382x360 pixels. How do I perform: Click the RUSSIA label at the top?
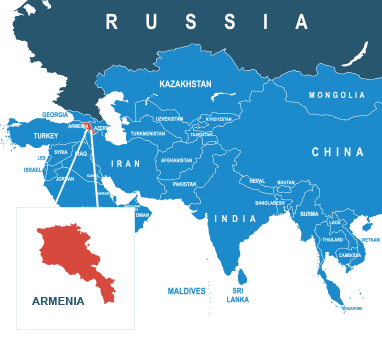207,22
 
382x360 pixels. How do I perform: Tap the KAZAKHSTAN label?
185,85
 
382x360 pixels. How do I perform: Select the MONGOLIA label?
337,95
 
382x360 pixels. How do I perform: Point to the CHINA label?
337,152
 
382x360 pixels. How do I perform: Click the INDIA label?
236,218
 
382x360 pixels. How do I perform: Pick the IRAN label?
125,163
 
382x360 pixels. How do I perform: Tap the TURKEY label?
46,135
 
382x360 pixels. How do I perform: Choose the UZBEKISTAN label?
169,118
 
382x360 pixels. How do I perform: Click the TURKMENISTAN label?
147,133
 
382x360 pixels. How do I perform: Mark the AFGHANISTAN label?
176,160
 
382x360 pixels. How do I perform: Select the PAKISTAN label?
184,184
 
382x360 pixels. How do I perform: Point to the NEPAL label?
257,181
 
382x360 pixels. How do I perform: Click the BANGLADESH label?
269,203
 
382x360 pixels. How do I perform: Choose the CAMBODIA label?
351,255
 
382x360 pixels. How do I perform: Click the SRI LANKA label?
238,295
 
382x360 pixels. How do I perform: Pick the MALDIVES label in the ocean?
187,291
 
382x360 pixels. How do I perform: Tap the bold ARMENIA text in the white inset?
58,300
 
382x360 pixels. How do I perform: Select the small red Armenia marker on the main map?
88,127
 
